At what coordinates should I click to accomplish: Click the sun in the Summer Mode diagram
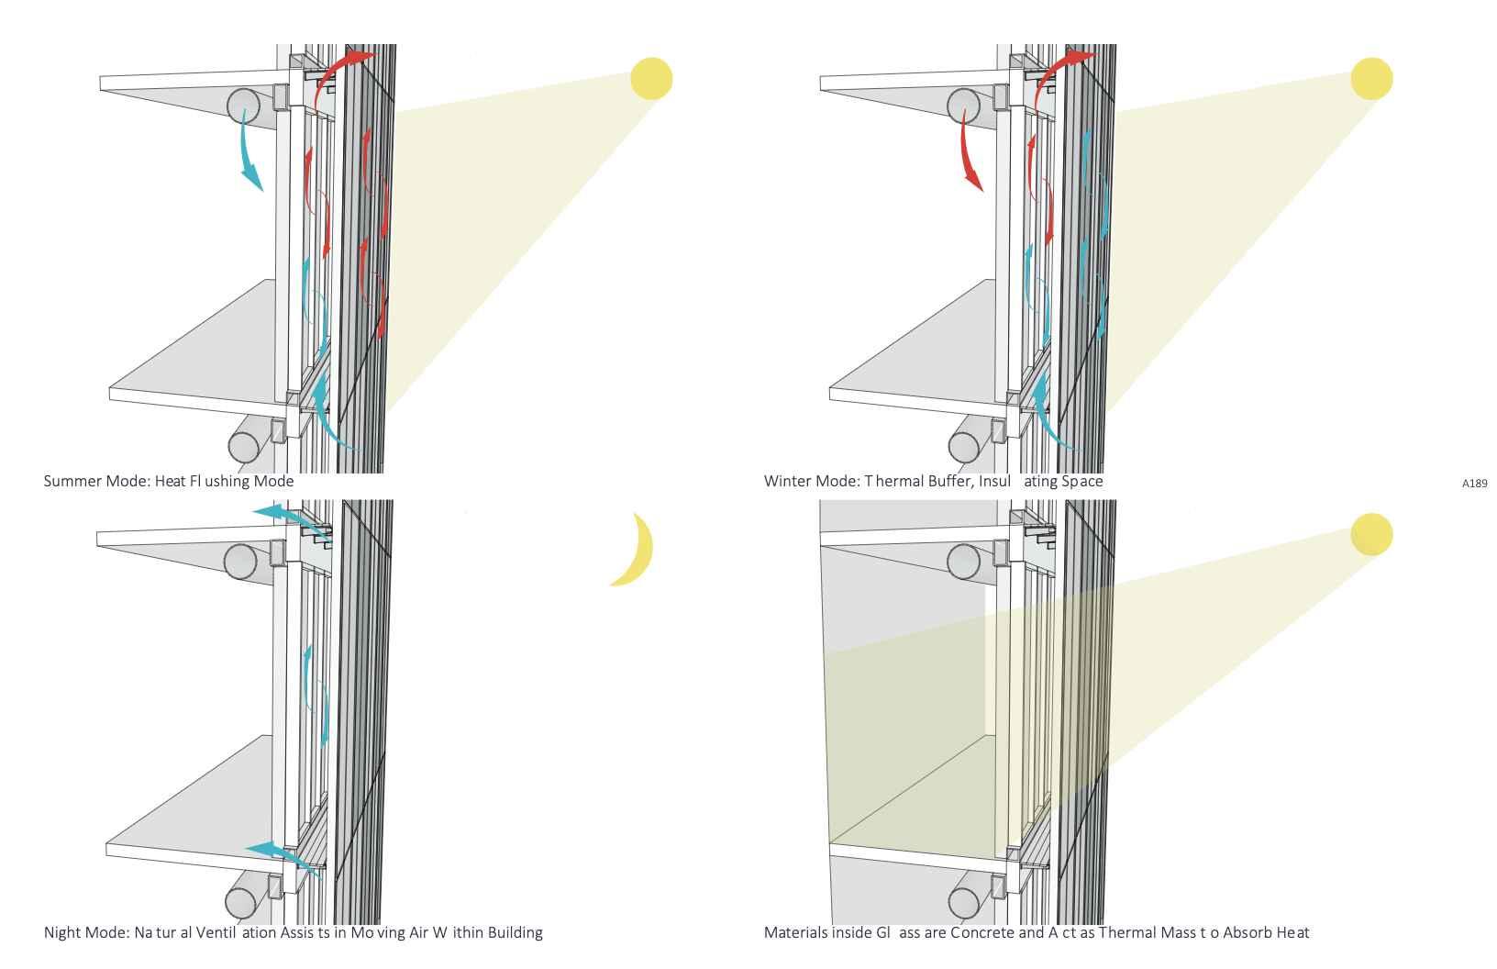point(651,79)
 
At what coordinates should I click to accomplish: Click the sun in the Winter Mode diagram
point(1371,79)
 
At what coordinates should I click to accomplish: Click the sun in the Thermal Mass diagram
point(1371,534)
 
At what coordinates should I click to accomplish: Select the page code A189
point(1474,484)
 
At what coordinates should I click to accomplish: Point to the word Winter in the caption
point(787,481)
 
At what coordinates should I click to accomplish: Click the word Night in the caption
point(61,932)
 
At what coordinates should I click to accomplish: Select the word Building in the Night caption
point(515,932)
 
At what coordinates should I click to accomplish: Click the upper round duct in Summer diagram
point(243,104)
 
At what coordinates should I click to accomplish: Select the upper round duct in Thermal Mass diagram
point(963,562)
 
